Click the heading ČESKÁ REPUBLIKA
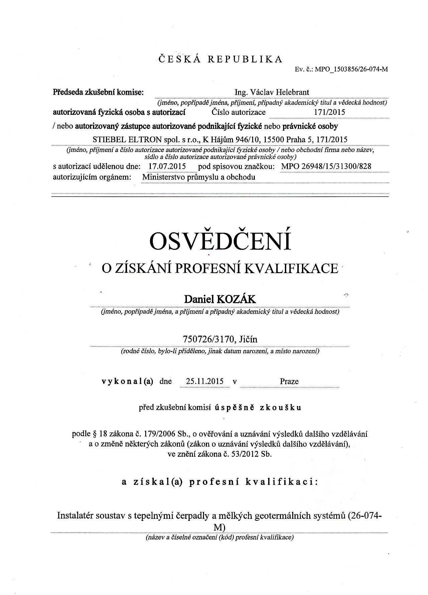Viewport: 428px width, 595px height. pos(220,59)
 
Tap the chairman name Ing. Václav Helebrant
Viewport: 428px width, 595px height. pos(272,92)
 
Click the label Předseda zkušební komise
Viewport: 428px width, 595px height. pos(98,92)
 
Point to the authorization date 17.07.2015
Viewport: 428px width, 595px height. pos(167,166)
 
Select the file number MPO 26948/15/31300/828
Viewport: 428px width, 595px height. pos(326,166)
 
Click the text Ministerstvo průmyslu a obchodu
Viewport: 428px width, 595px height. pos(199,177)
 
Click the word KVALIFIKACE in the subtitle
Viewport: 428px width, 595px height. pos(291,268)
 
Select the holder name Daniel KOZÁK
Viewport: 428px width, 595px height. pos(220,299)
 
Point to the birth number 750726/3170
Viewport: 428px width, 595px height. pos(208,339)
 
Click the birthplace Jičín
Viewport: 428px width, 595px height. pos(248,339)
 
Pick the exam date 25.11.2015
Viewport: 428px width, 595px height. pos(205,381)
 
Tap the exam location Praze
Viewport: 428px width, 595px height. pos(289,381)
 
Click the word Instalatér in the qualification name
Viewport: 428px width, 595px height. pos(75,516)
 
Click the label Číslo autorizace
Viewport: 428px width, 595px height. pos(238,112)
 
